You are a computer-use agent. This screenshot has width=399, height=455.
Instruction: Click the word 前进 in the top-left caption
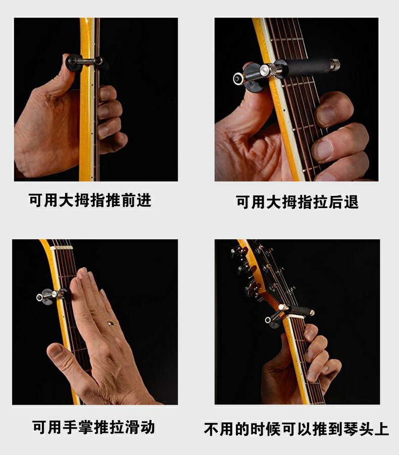[136, 200]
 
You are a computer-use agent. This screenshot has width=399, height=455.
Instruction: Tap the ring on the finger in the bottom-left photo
[110, 322]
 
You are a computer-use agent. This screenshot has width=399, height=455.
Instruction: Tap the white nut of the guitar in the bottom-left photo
[61, 248]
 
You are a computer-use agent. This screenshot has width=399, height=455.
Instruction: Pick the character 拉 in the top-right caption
[314, 202]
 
